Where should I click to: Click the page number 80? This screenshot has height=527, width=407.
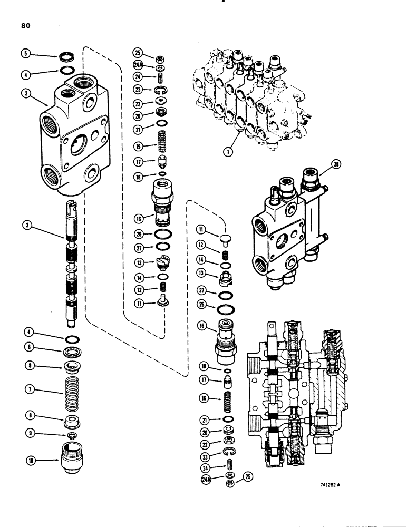click(26, 24)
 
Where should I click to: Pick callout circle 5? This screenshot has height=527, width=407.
click(25, 53)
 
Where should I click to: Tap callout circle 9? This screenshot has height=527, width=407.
click(25, 434)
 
